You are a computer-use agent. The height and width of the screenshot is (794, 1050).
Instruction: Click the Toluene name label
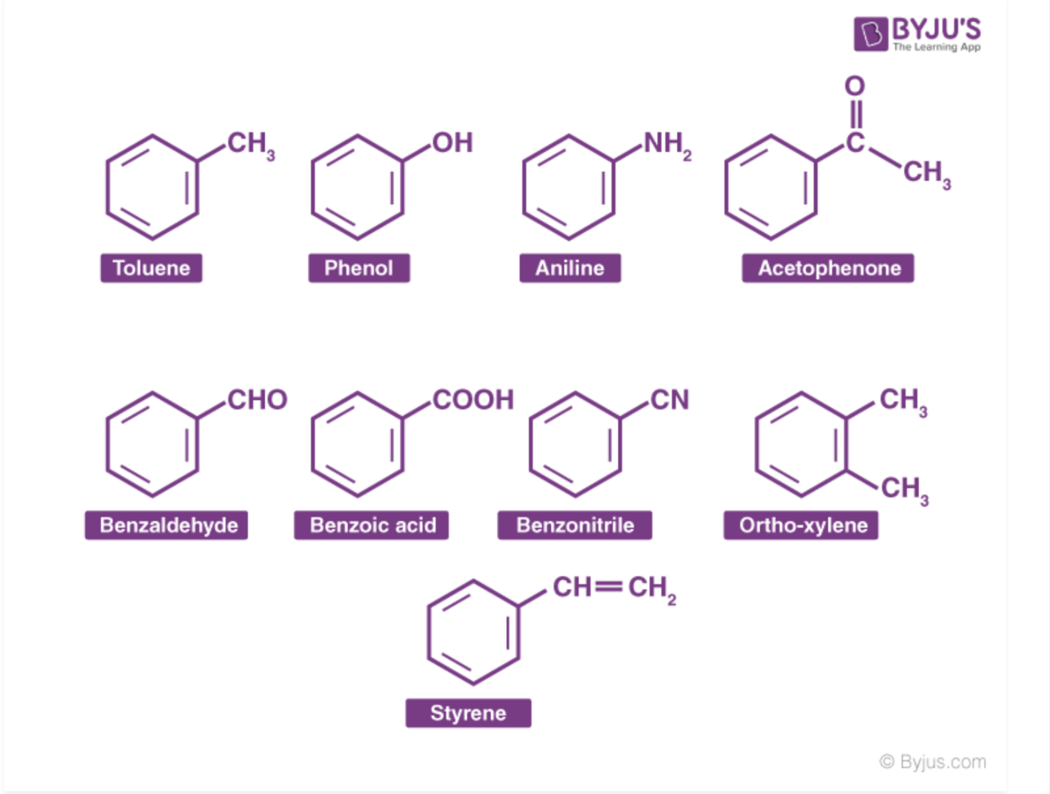151,268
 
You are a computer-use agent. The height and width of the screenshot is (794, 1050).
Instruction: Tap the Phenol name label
359,268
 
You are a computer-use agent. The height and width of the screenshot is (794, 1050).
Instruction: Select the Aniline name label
570,268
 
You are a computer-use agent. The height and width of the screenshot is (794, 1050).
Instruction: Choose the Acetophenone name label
828,268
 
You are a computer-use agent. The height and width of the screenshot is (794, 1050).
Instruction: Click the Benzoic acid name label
372,525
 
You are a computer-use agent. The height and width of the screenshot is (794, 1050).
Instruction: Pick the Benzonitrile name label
575,525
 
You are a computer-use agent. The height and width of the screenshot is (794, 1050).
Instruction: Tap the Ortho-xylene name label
801,525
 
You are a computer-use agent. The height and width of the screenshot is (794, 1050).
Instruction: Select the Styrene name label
468,713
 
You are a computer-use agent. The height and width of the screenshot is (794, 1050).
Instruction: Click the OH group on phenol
453,143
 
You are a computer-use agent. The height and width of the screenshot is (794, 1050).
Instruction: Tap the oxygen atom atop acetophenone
855,86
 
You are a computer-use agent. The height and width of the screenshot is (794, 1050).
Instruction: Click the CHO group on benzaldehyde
257,400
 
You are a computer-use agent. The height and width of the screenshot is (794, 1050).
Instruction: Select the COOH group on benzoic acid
473,400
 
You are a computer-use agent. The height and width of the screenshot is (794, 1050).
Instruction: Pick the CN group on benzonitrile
670,400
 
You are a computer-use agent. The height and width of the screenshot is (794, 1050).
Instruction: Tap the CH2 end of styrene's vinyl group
652,588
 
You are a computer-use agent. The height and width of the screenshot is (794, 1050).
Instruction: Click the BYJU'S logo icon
871,34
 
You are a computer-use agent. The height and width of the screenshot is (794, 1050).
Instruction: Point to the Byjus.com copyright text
933,762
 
